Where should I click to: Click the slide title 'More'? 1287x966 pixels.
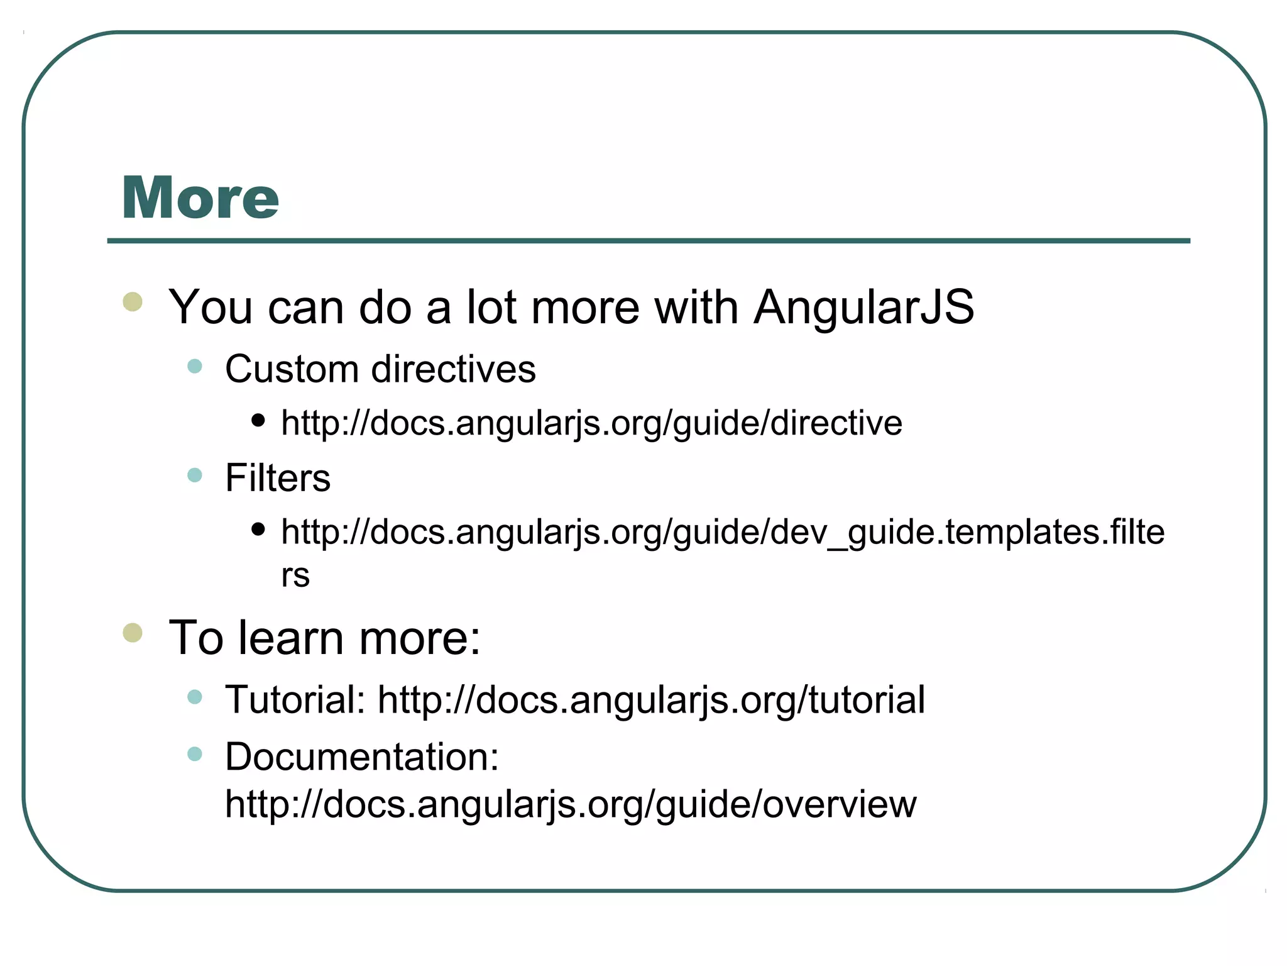(x=200, y=198)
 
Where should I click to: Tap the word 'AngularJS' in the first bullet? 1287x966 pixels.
(x=864, y=308)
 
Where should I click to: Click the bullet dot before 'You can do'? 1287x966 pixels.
(x=133, y=302)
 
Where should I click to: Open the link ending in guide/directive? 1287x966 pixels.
(x=591, y=423)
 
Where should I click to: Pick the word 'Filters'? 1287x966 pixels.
(x=278, y=478)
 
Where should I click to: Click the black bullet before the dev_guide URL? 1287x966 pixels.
(x=258, y=529)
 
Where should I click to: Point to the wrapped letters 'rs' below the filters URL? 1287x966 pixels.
(x=295, y=575)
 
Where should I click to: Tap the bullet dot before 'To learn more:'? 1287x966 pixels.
(x=133, y=632)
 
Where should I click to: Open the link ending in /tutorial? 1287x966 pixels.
(x=651, y=700)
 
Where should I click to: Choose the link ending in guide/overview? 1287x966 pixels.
(x=571, y=804)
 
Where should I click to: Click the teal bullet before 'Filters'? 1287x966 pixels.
(x=195, y=475)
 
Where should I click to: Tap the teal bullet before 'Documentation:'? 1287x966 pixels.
(x=195, y=753)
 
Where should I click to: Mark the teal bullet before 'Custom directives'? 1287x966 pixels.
(x=195, y=366)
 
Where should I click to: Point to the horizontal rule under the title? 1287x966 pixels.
(x=649, y=241)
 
